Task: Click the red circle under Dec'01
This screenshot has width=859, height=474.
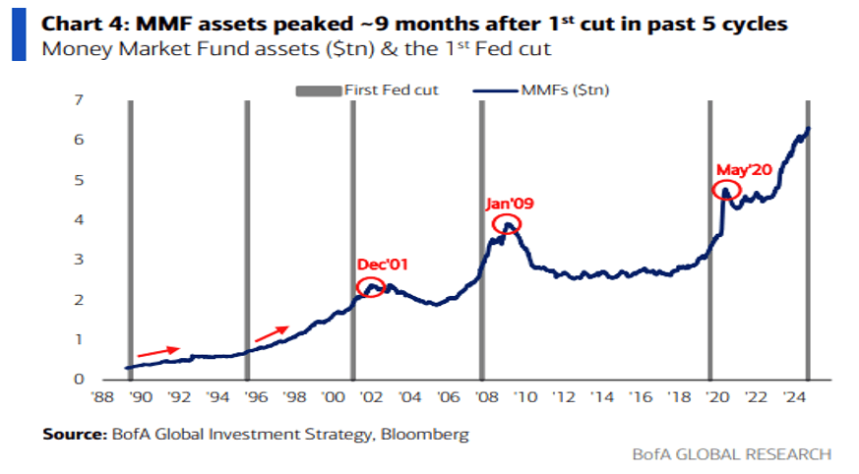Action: pyautogui.click(x=371, y=287)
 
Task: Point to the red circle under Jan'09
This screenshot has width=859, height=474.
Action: pyautogui.click(x=507, y=225)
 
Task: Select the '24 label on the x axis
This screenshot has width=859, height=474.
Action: pyautogui.click(x=791, y=398)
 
